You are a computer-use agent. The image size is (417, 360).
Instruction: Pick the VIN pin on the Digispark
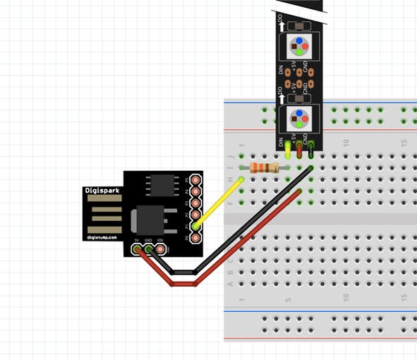161,249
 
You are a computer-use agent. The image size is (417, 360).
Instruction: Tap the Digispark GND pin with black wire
149,249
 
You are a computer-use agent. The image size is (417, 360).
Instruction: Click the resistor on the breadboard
265,167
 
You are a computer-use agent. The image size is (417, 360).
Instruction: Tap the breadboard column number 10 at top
346,143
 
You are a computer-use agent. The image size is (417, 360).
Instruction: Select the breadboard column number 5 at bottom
288,300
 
